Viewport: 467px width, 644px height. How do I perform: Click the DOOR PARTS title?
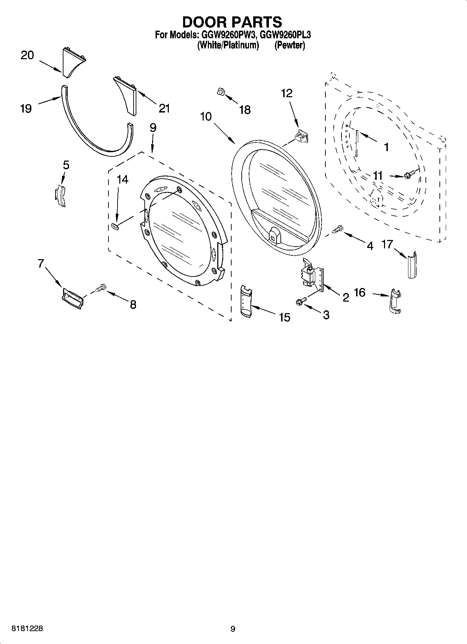(232, 22)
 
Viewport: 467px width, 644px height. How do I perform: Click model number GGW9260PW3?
(228, 35)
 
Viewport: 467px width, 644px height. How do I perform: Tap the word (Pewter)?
(289, 45)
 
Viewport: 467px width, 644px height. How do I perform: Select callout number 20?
(27, 55)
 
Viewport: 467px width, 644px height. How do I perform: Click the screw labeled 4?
(338, 229)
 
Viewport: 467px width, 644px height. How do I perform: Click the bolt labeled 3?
(301, 301)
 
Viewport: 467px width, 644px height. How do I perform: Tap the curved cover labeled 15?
(246, 301)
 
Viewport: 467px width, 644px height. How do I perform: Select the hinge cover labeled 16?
(395, 302)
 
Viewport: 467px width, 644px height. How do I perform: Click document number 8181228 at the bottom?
(28, 629)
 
